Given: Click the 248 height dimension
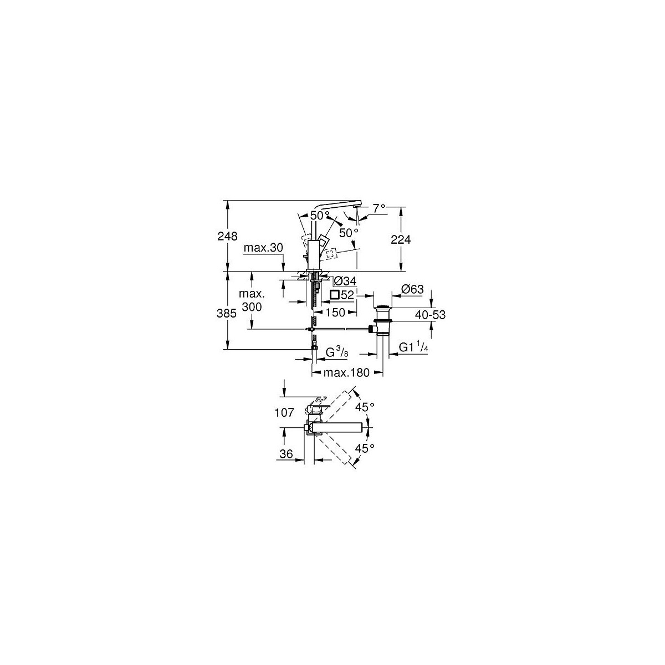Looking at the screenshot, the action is point(227,237).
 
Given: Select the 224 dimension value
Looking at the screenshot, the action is point(401,239).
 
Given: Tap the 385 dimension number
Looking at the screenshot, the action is point(227,313).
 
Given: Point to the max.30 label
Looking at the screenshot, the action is point(263,247).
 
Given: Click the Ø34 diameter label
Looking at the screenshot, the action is point(345,281).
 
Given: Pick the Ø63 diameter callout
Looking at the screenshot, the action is point(412,289).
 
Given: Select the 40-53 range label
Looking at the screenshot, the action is point(431,314).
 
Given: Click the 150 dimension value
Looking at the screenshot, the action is point(335,313).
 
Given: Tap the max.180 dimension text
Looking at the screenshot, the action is point(346,372).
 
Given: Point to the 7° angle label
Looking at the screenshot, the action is point(379,208).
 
